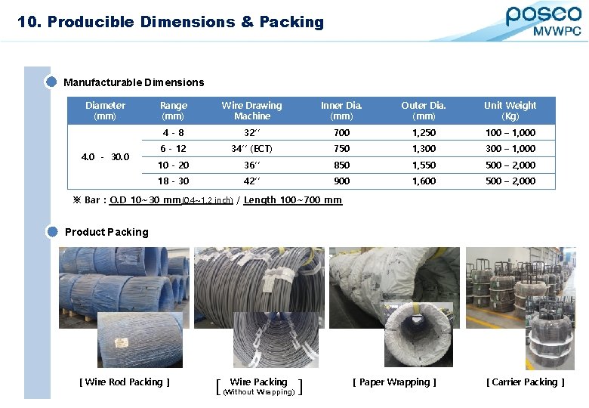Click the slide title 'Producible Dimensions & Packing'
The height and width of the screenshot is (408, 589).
185,22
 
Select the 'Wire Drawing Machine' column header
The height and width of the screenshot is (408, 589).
251,110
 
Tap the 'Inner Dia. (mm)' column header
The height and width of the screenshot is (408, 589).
341,110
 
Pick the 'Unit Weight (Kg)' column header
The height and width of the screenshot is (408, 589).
510,110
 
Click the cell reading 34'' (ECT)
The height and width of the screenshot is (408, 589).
251,149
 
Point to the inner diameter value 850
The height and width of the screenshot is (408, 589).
341,165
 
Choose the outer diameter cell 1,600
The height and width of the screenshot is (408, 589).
424,181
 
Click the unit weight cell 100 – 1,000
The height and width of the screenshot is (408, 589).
510,133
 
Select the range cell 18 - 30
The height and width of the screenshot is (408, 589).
173,181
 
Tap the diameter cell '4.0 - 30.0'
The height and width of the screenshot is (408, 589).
105,157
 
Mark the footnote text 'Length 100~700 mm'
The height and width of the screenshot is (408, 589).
293,200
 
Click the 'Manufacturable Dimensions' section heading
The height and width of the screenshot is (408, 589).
134,82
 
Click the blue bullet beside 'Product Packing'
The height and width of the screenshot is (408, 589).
52,232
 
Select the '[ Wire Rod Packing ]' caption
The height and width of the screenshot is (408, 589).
125,382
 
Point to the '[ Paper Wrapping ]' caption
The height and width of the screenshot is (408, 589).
394,382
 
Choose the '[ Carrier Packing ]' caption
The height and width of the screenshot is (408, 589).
526,382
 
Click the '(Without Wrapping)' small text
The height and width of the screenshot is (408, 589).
259,392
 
